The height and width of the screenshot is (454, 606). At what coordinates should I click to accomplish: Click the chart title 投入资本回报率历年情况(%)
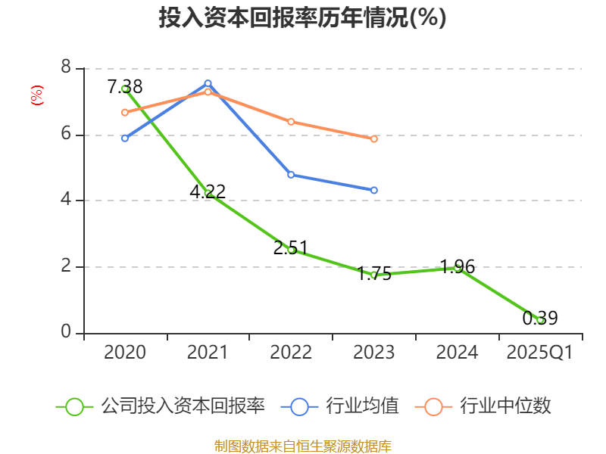[302, 18]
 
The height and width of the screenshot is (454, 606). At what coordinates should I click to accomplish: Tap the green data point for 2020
[125, 89]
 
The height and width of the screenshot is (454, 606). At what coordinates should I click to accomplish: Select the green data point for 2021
[208, 194]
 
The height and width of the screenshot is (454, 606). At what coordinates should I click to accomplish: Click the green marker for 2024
[458, 267]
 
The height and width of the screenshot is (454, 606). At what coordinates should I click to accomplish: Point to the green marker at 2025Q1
[540, 320]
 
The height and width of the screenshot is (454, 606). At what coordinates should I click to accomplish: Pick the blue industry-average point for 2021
[208, 83]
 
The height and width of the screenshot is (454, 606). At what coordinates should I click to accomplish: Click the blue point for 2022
[291, 175]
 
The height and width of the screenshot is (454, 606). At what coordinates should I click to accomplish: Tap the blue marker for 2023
[374, 190]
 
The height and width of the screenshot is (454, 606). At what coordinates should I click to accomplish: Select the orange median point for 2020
[125, 112]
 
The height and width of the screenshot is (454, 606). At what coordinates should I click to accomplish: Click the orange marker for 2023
[374, 138]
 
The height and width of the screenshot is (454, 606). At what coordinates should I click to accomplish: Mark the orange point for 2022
[291, 121]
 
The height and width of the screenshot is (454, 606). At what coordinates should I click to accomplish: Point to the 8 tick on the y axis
[66, 68]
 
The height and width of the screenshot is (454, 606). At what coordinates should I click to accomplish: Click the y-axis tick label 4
[66, 200]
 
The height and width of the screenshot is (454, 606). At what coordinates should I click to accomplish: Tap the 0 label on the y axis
[66, 332]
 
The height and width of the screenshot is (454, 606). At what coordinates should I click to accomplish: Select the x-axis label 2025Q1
[540, 353]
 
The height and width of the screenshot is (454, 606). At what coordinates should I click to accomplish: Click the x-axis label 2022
[291, 353]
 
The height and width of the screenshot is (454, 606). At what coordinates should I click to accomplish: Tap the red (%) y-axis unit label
[36, 95]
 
